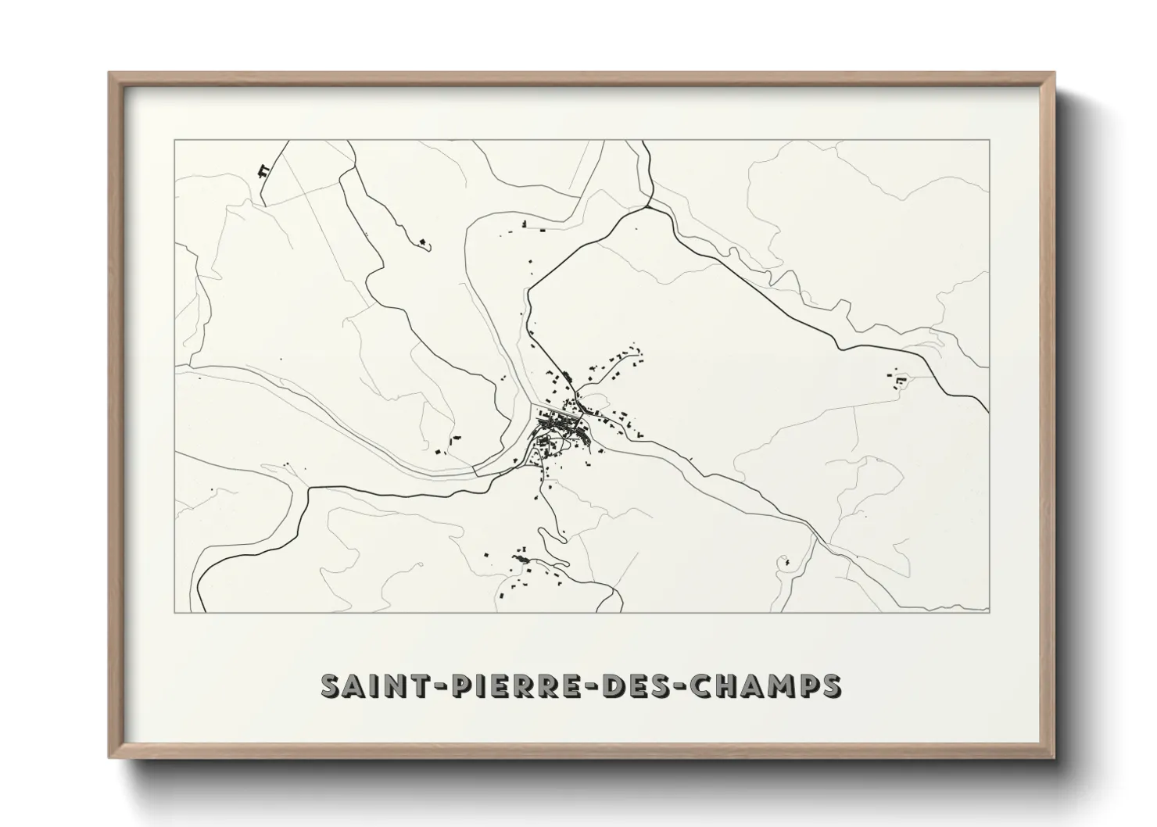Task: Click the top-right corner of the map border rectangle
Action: (x=989, y=140)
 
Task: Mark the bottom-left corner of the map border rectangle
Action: (x=174, y=612)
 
